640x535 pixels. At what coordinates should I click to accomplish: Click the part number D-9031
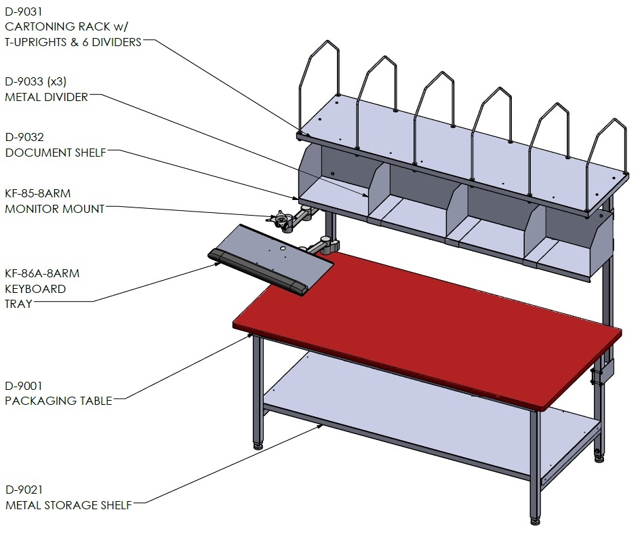click(24, 12)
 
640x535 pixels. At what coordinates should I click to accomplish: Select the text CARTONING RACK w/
click(66, 26)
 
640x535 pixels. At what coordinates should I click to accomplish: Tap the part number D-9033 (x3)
click(35, 81)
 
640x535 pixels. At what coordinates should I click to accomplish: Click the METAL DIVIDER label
click(47, 97)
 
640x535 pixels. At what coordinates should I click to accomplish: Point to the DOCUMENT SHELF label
click(56, 153)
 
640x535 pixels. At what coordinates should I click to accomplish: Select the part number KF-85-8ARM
click(37, 193)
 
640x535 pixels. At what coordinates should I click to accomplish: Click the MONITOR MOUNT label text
click(55, 209)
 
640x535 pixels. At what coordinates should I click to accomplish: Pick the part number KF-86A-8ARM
click(42, 273)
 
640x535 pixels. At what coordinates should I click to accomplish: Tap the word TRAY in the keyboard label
click(18, 304)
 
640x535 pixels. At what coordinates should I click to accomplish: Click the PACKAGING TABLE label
click(58, 401)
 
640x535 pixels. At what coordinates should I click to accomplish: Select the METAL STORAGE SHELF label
click(68, 505)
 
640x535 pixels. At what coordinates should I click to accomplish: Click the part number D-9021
click(24, 490)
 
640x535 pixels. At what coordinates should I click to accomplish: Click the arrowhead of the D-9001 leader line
click(249, 336)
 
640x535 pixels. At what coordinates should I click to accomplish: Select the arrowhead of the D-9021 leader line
click(320, 427)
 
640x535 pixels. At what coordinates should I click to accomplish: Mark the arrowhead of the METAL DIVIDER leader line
click(365, 195)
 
